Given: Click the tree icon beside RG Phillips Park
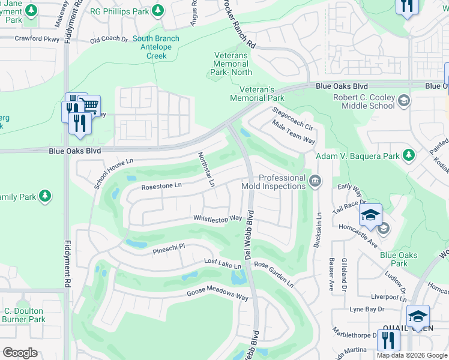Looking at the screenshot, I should pos(157,10).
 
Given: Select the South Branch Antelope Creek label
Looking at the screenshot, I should pos(155,47).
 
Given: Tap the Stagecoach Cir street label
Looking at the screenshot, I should pos(293,119).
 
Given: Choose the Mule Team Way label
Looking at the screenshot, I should pos(294,132).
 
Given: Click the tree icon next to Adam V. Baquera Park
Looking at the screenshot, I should pos(409,156).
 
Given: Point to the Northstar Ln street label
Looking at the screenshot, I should pos(206,169).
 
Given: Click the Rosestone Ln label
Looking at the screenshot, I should pos(161,187).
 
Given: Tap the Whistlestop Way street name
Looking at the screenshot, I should pos(217,218).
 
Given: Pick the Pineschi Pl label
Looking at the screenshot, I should pos(169,247).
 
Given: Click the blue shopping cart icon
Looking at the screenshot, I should pos(91,106).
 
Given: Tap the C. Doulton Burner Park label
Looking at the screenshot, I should pos(24,315).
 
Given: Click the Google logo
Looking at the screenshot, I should pos(20,352).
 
